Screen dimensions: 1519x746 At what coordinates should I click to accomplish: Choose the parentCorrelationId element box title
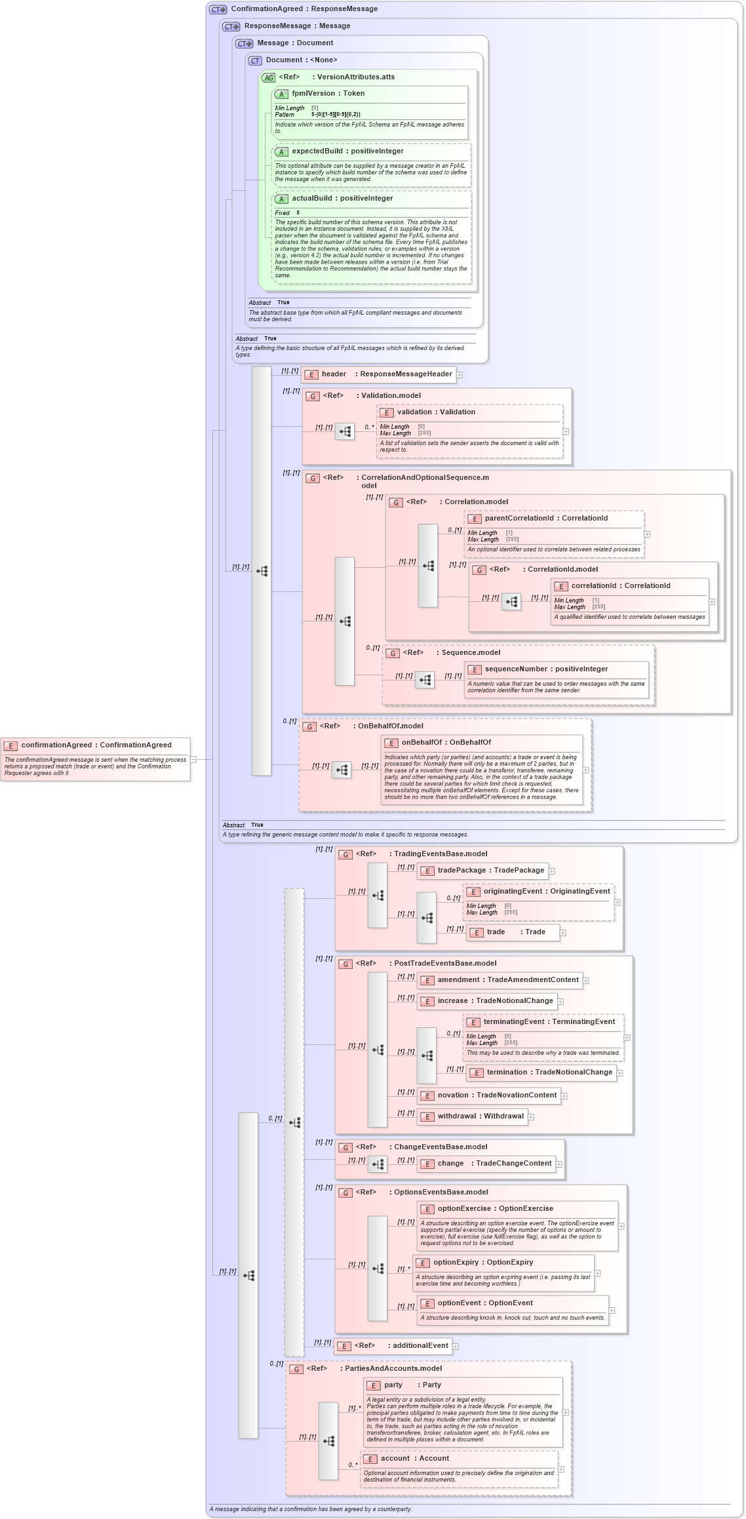click(x=545, y=519)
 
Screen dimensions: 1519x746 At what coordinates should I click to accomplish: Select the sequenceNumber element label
click(x=546, y=669)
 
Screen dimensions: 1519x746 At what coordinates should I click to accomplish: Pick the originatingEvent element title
click(x=546, y=892)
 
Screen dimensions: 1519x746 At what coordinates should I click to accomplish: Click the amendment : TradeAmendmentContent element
click(x=507, y=980)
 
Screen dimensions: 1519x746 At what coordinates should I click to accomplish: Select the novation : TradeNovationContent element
click(x=497, y=1095)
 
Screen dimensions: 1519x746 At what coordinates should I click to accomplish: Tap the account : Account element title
click(x=414, y=1459)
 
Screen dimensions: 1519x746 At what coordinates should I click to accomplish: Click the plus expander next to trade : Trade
click(x=563, y=933)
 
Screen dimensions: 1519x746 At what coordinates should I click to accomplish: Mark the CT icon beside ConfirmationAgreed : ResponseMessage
click(x=218, y=9)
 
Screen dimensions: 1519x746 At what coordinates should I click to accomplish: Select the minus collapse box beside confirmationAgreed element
click(x=193, y=759)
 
